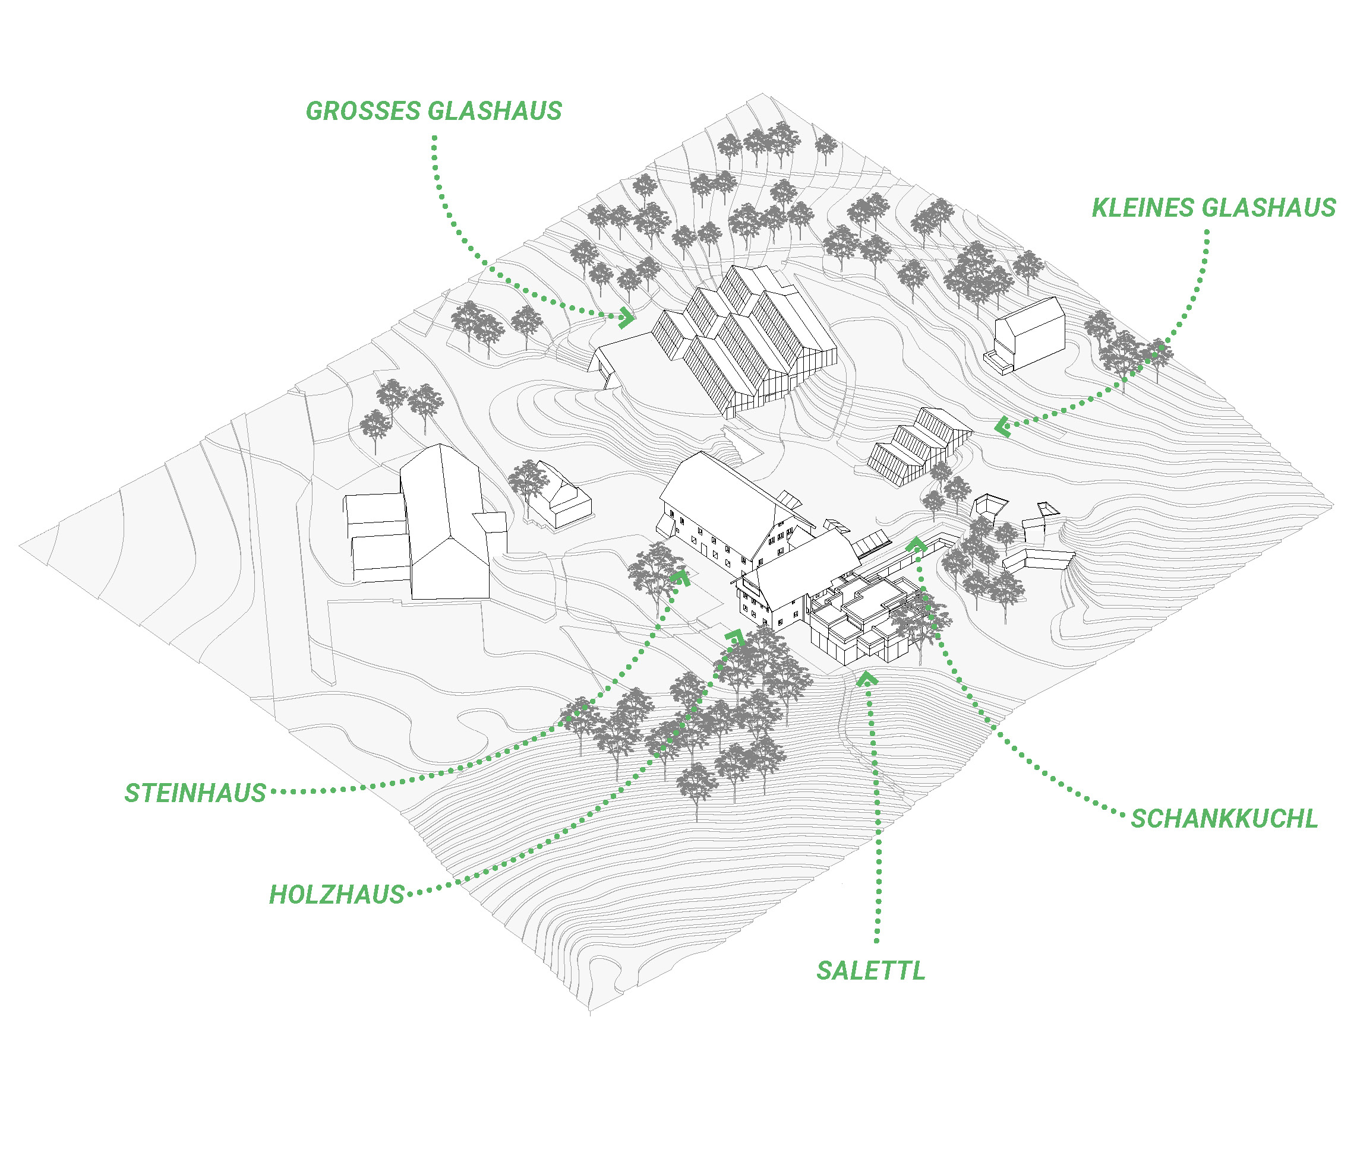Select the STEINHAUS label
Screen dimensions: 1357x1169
pyautogui.click(x=195, y=793)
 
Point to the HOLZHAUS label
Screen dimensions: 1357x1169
pyautogui.click(x=337, y=895)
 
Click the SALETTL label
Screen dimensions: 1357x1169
pyautogui.click(x=870, y=971)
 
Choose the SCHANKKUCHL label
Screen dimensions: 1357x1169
pyautogui.click(x=1225, y=819)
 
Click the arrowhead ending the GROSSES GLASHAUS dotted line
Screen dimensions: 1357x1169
pyautogui.click(x=627, y=318)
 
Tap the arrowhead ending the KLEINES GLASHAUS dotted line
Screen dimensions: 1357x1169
pyautogui.click(x=1002, y=428)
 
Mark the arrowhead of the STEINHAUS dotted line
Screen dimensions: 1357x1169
pyautogui.click(x=680, y=576)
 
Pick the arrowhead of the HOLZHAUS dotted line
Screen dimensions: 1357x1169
pyautogui.click(x=735, y=636)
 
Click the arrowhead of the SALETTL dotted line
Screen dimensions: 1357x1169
pyautogui.click(x=866, y=677)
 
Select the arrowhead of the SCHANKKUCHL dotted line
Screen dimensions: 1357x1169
pyautogui.click(x=916, y=543)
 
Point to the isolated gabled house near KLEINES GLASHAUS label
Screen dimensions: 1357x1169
pyautogui.click(x=1025, y=334)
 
